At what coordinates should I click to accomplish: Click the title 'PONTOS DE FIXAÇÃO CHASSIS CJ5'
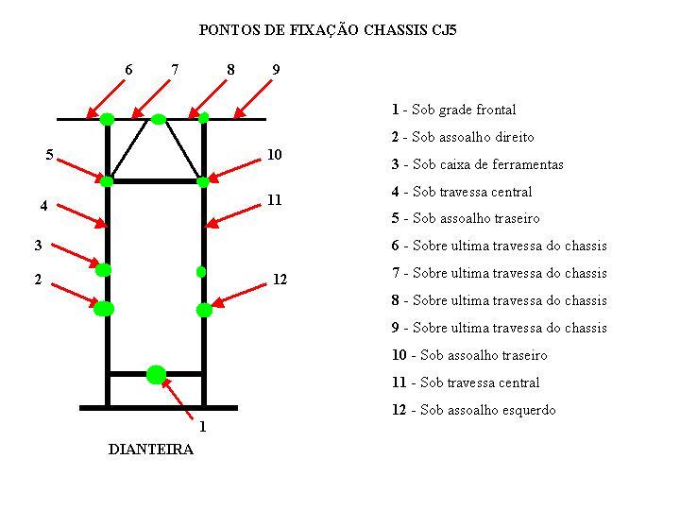(x=328, y=30)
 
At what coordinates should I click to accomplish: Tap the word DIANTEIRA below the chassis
(x=150, y=450)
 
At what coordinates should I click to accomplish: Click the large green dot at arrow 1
(x=156, y=375)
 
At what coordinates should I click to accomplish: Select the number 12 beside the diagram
(x=280, y=280)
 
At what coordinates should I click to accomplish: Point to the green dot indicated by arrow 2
(x=104, y=309)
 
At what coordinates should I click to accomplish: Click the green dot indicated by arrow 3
(x=103, y=270)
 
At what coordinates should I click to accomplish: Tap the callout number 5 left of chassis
(x=49, y=154)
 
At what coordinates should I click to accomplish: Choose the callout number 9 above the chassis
(x=276, y=69)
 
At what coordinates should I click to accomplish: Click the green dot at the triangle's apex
(x=159, y=119)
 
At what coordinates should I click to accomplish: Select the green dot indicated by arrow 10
(x=203, y=181)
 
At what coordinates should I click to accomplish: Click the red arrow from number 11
(x=232, y=215)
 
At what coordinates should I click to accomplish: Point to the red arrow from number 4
(x=82, y=215)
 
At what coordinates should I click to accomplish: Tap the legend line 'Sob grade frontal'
(x=454, y=110)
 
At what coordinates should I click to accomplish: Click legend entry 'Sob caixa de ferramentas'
(x=478, y=164)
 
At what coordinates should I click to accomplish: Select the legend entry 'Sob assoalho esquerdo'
(x=474, y=410)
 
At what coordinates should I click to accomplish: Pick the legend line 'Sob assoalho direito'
(x=463, y=137)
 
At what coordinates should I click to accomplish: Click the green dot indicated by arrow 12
(x=204, y=310)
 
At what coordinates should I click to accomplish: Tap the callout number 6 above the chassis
(x=128, y=69)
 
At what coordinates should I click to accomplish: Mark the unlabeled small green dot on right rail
(x=201, y=272)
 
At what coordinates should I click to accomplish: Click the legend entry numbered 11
(x=466, y=382)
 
